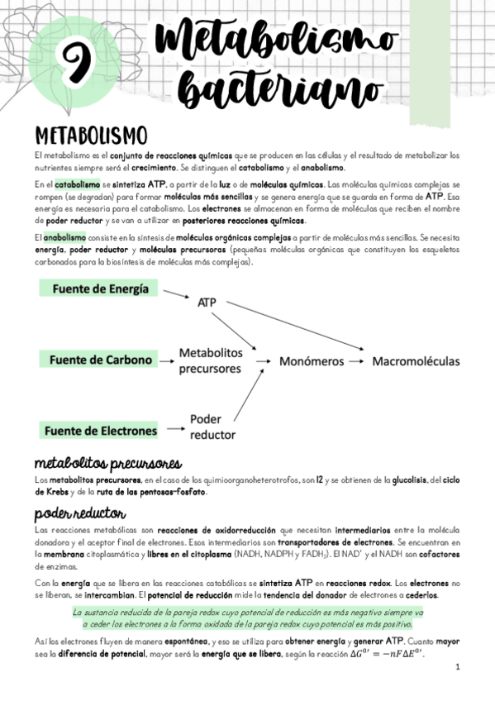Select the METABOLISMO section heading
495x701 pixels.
[91, 135]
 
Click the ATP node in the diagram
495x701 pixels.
[207, 303]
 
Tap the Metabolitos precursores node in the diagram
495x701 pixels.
[211, 360]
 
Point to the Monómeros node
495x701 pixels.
[312, 361]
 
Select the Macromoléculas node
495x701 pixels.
[416, 361]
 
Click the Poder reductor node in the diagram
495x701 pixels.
[212, 426]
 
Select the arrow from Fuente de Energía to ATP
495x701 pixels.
[174, 295]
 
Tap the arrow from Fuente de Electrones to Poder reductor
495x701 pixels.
[174, 430]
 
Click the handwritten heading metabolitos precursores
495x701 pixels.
[107, 462]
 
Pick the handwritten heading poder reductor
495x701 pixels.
[79, 512]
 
